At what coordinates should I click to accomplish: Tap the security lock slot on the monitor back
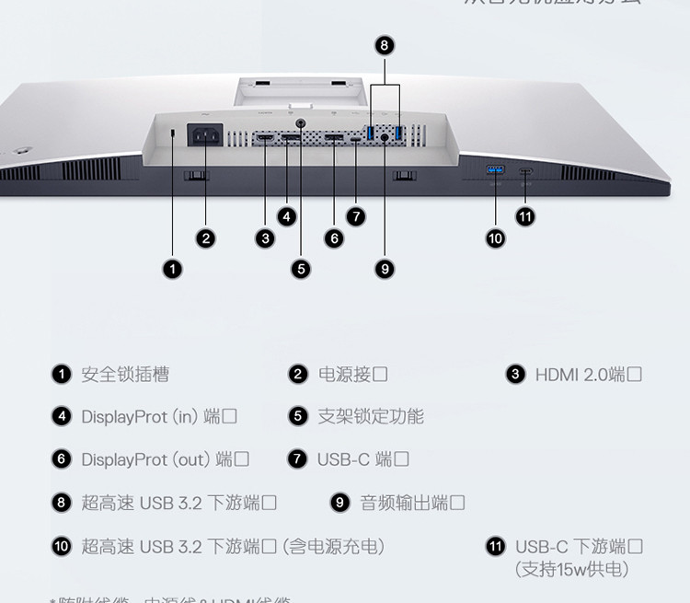pos(173,134)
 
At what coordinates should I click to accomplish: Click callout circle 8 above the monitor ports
pos(385,45)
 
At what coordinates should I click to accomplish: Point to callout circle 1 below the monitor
pos(173,268)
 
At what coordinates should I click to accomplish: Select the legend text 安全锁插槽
pos(125,375)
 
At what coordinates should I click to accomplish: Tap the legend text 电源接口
pos(352,375)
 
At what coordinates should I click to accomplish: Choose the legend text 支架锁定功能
pos(371,417)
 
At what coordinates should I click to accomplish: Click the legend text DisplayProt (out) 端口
pos(165,459)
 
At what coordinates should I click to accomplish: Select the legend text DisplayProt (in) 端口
pos(158,417)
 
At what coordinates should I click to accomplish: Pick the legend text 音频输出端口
pos(411,503)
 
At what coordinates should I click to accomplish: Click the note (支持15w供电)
pos(571,569)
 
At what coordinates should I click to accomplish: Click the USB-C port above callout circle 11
pos(525,170)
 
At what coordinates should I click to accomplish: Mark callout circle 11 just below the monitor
pos(525,216)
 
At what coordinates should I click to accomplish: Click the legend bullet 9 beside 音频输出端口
pos(340,503)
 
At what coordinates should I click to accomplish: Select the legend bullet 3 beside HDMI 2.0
pos(516,375)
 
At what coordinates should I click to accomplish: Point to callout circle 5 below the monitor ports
pos(301,268)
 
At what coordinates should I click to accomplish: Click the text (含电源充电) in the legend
pos(333,547)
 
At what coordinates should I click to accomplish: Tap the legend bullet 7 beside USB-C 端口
pos(297,459)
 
